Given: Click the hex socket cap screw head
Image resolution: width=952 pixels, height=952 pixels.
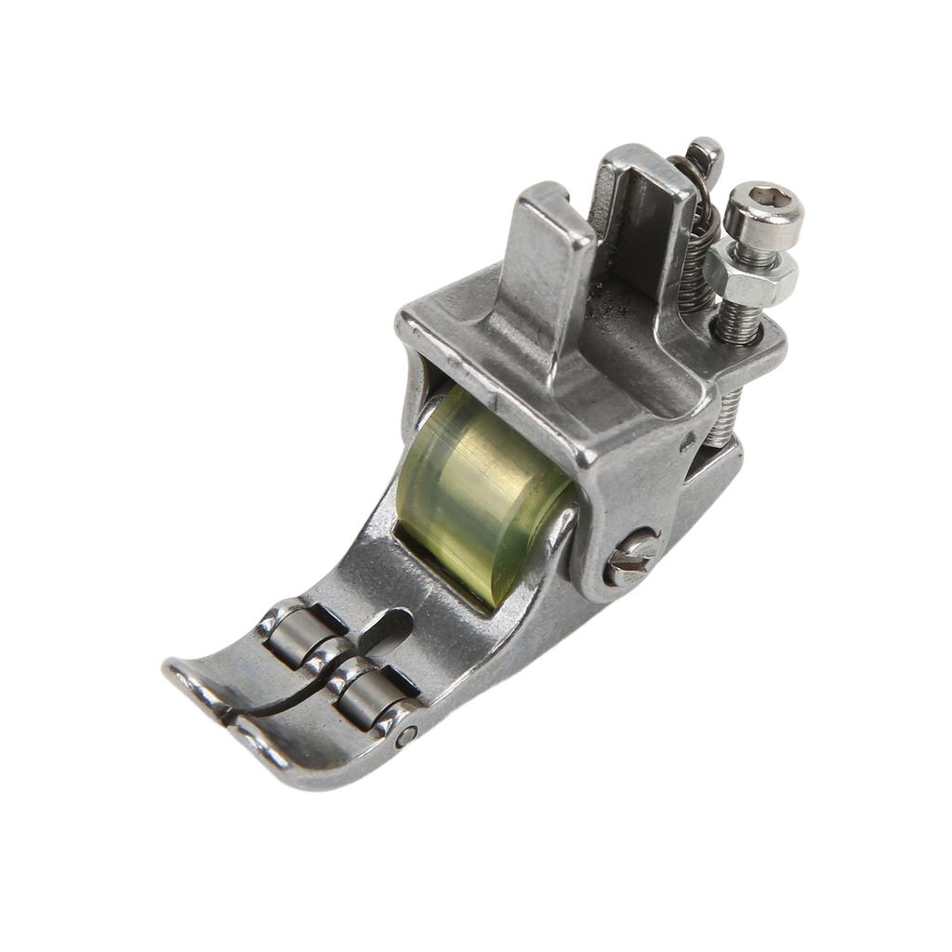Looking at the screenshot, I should point(763,214).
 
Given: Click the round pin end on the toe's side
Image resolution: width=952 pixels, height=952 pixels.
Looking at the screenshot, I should point(405,735).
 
